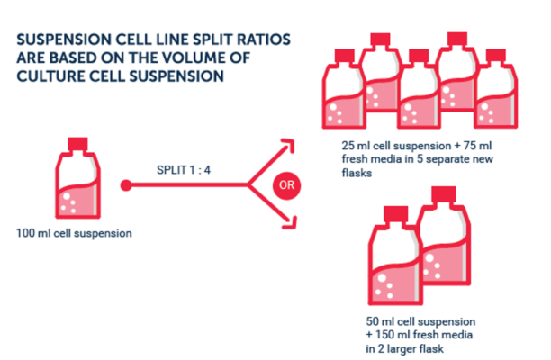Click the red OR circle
click(x=286, y=185)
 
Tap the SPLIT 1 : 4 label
click(x=184, y=170)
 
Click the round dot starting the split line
click(x=126, y=185)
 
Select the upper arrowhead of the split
click(x=287, y=145)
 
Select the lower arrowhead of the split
click(x=289, y=222)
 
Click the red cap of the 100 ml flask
click(x=77, y=144)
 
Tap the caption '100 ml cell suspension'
click(x=74, y=233)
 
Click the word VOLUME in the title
click(x=191, y=58)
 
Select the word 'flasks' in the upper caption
click(x=357, y=173)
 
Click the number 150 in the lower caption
click(x=384, y=335)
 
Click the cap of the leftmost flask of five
click(x=344, y=56)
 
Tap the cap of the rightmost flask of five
click(x=496, y=56)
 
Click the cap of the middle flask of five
click(x=419, y=56)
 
